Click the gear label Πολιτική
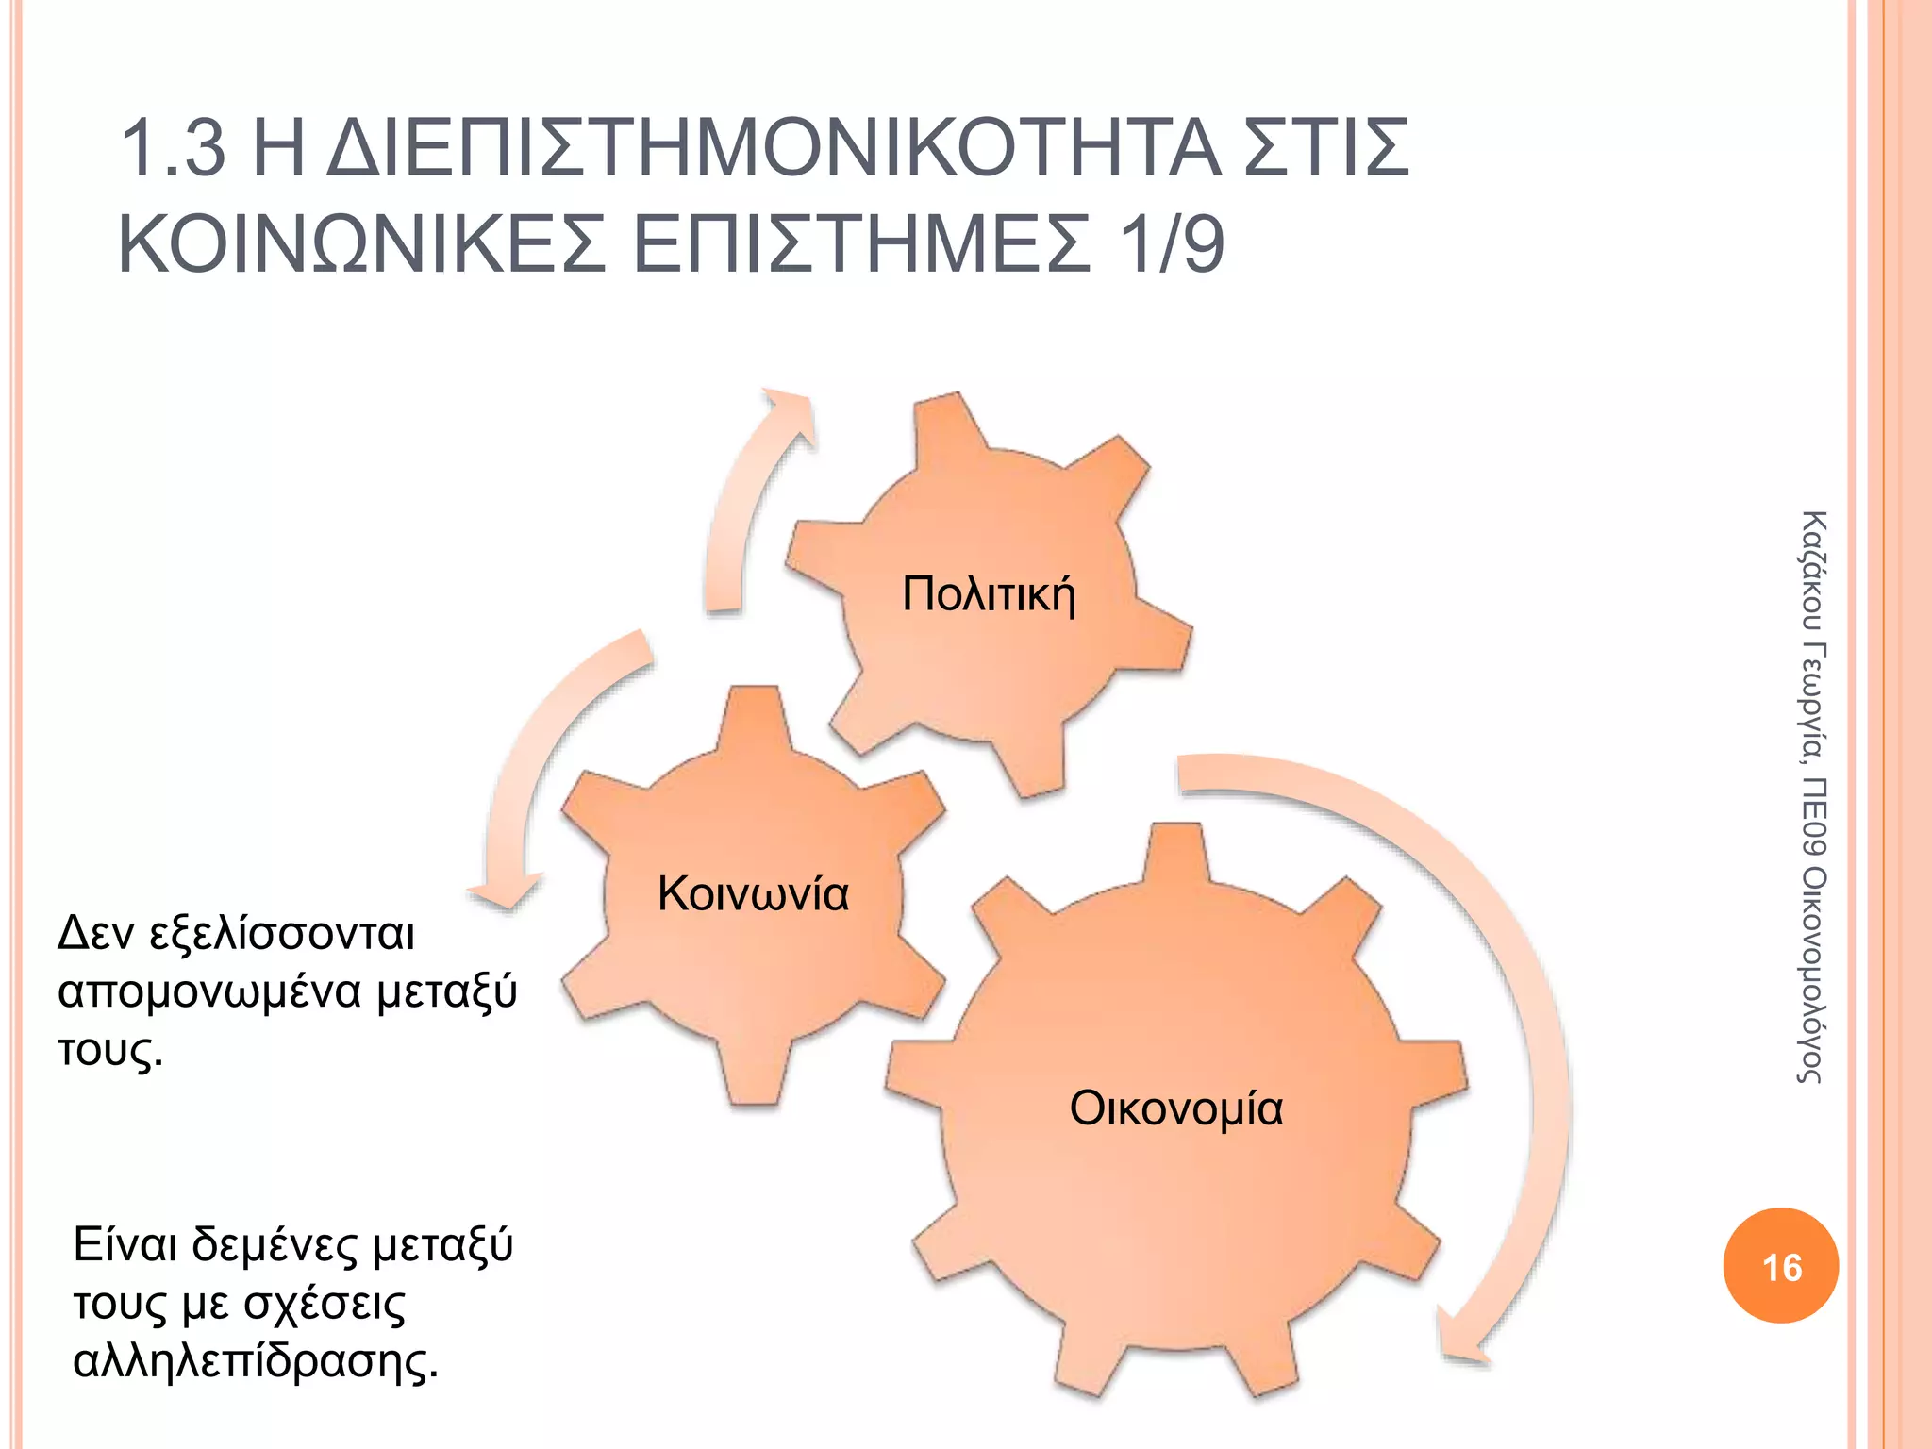pos(988,595)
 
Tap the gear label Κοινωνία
pos(753,893)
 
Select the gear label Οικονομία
pos(1175,1108)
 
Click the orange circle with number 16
pos(1780,1266)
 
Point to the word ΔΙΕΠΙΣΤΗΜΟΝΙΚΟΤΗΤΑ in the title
pos(774,149)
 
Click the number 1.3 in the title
pos(175,149)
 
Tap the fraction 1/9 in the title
pos(1170,245)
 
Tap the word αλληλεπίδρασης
pos(255,1362)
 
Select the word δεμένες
pos(275,1245)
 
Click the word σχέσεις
pos(325,1305)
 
